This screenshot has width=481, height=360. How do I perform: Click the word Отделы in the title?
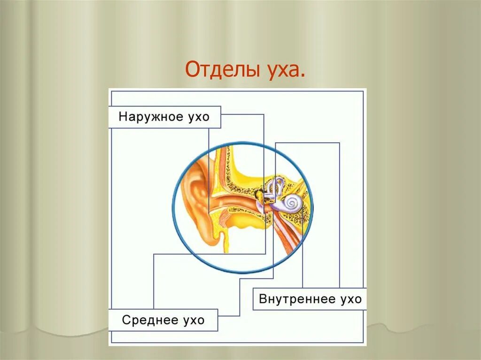[x=220, y=70]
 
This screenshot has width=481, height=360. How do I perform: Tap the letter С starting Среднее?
[x=126, y=320]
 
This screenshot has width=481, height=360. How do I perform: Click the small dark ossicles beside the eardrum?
[x=259, y=193]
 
